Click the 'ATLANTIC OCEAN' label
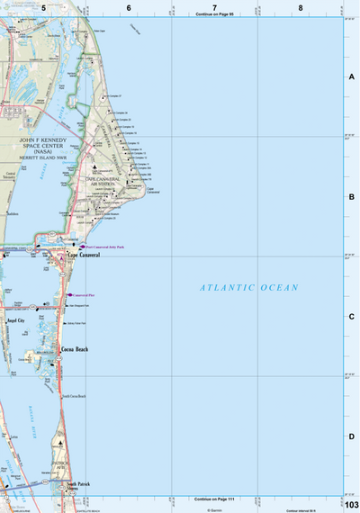[248, 287]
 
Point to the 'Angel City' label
[16, 320]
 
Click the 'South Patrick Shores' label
[78, 487]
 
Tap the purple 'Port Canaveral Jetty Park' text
[107, 246]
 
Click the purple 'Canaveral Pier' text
[85, 294]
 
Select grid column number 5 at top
[42, 7]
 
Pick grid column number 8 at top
[300, 7]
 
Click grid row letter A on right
[352, 77]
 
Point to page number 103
[350, 501]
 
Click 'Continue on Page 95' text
[213, 15]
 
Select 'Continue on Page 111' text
[213, 498]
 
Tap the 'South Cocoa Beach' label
[74, 396]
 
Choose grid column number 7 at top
[214, 7]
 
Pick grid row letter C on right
[352, 317]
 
